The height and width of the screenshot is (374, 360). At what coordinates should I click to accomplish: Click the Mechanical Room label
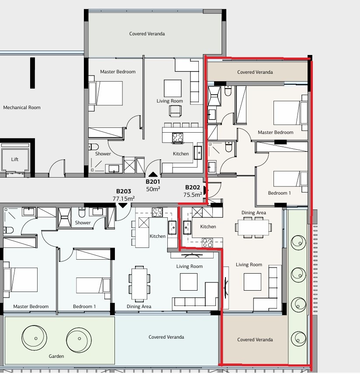[22, 107]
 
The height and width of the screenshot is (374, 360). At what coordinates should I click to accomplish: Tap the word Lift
[15, 159]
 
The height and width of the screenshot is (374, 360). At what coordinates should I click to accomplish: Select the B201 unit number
[153, 182]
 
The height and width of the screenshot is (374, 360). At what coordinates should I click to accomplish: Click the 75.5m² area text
[193, 195]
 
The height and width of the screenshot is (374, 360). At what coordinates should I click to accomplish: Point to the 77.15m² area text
[123, 198]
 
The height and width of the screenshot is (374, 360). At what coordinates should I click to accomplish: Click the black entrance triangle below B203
[123, 205]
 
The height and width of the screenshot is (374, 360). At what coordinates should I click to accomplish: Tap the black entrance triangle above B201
[153, 175]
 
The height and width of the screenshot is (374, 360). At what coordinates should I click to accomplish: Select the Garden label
[56, 356]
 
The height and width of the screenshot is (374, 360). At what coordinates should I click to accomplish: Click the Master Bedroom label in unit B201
[118, 72]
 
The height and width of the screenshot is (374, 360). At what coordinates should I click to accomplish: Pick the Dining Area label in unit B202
[254, 213]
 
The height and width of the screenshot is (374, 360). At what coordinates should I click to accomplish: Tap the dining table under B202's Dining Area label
[253, 227]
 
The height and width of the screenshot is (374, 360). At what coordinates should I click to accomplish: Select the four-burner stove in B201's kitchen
[178, 137]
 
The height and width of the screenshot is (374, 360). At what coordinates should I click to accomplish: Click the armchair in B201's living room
[175, 112]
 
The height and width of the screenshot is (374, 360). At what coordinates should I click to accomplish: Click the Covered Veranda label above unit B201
[147, 34]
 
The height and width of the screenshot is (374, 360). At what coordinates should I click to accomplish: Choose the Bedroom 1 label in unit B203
[84, 306]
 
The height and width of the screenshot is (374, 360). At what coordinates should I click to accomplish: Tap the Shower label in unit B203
[83, 223]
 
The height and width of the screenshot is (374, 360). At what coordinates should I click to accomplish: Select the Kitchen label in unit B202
[208, 226]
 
